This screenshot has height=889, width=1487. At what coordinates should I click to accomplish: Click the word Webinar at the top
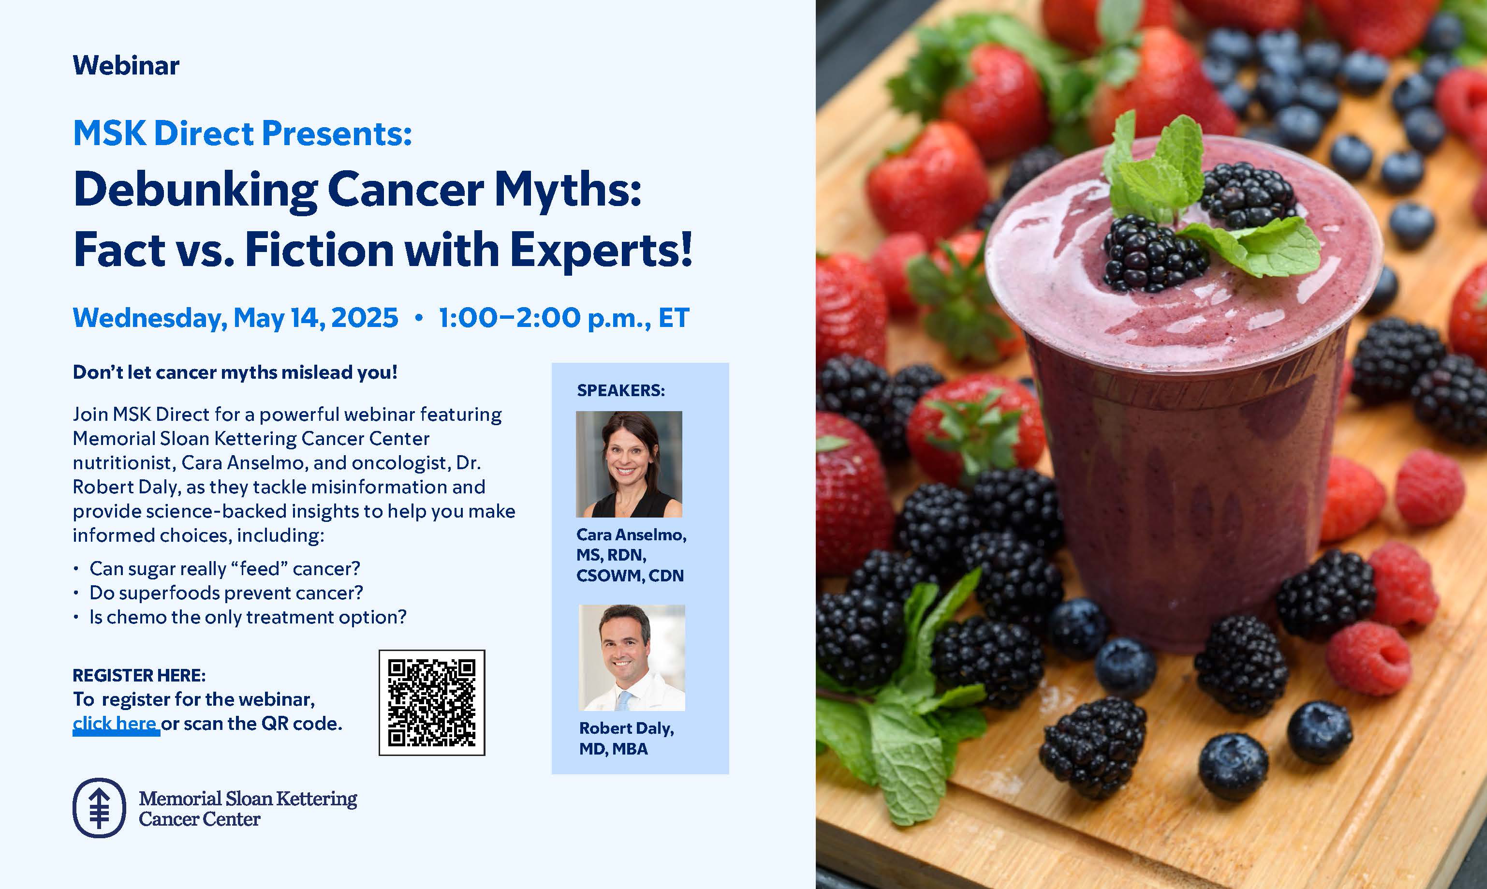126,65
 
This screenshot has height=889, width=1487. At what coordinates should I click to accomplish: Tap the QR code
432,703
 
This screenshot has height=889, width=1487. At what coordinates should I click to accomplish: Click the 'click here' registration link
115,724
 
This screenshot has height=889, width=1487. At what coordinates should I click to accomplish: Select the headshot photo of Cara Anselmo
629,464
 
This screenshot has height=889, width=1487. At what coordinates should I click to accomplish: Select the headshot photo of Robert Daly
632,658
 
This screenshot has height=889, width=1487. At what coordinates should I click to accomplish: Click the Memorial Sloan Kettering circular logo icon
100,808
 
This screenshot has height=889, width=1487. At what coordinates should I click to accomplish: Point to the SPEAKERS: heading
620,391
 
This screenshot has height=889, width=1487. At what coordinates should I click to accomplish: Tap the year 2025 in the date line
365,317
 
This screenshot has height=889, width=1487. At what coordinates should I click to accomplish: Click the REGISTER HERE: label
139,675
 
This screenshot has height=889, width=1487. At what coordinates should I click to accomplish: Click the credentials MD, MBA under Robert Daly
613,749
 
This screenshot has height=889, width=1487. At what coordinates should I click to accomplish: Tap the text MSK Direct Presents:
243,133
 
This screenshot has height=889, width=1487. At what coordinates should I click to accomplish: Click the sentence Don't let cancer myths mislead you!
235,372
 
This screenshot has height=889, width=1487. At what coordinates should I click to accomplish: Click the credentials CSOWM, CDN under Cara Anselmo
630,576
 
